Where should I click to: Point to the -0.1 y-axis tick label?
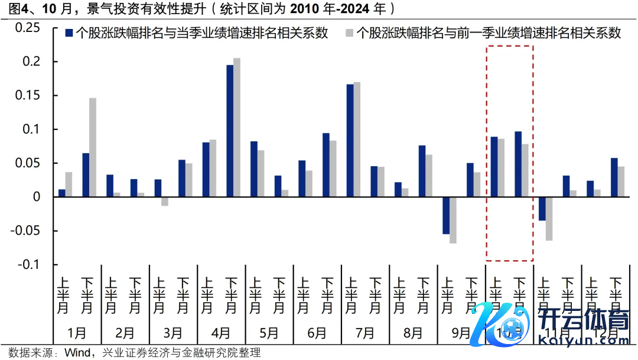(28, 264)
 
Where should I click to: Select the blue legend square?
(69, 33)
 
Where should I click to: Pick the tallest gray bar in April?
(237, 127)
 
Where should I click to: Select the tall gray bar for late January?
(92, 147)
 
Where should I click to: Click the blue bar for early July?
(350, 141)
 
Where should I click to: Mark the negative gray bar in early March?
(164, 201)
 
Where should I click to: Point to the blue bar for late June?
(325, 165)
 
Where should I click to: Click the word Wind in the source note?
(77, 352)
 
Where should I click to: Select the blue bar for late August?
(422, 171)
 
